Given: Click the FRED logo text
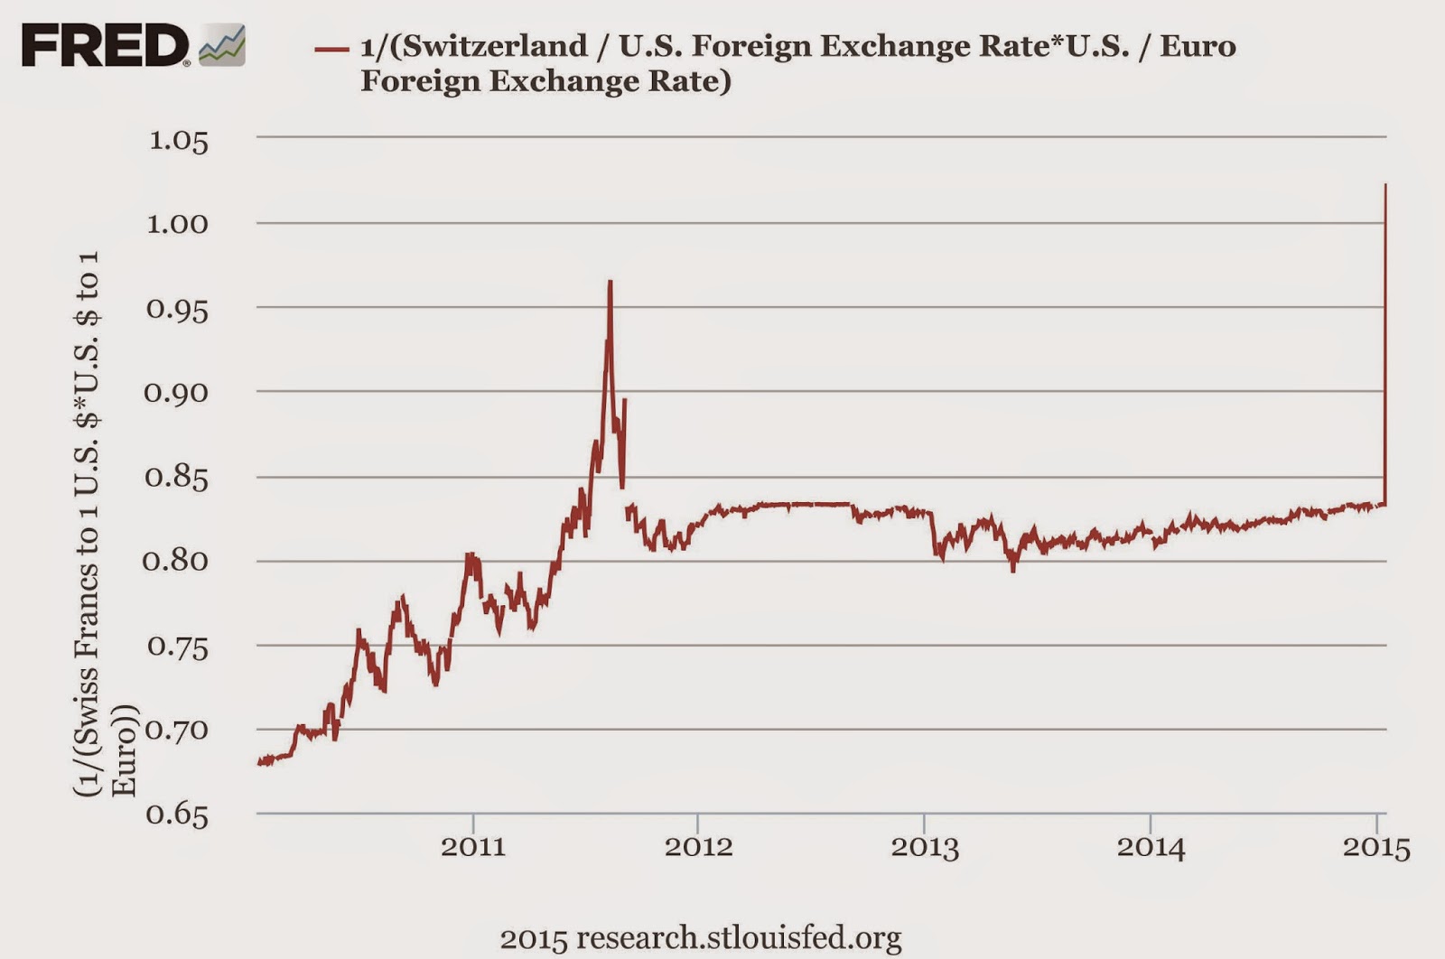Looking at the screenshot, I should [104, 46].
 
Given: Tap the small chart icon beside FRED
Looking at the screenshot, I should [222, 46].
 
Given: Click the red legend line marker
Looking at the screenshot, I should [331, 49].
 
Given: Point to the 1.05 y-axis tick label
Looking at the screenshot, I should [178, 141].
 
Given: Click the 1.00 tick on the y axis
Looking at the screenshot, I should [177, 224].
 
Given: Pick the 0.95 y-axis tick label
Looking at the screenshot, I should [177, 310].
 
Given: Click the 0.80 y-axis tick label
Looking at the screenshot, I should [175, 561].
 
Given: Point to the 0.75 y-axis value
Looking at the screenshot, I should [177, 647].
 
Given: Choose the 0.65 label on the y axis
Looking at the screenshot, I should [177, 815].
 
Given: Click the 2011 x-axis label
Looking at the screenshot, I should [473, 847].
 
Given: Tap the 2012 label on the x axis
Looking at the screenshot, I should [698, 847].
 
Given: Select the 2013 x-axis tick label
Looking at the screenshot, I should [925, 847].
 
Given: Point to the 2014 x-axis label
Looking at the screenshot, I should [1151, 847].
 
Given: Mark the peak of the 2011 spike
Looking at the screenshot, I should [611, 282].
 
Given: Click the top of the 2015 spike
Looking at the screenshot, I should [1385, 185].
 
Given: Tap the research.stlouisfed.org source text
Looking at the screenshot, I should [701, 937].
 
